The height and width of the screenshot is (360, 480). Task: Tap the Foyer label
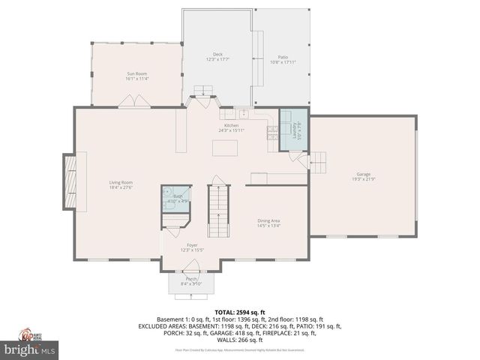(193, 245)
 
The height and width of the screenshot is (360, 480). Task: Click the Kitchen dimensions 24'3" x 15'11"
(231, 130)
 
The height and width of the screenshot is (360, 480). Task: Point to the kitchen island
(223, 148)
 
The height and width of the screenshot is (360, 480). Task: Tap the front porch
(192, 282)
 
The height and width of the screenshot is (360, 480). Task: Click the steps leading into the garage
(318, 161)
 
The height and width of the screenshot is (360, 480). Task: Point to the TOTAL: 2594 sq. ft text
(240, 312)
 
